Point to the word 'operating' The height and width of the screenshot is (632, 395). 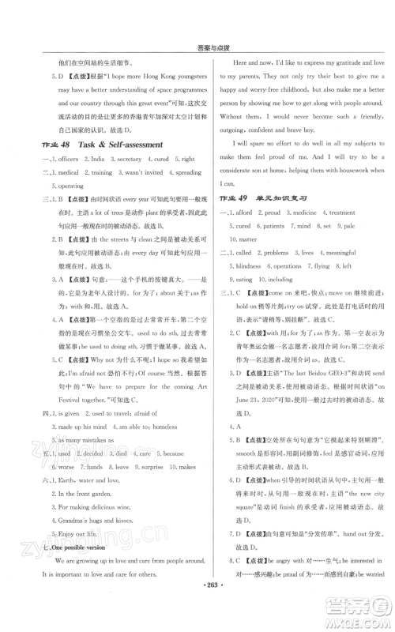click(x=76, y=186)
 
